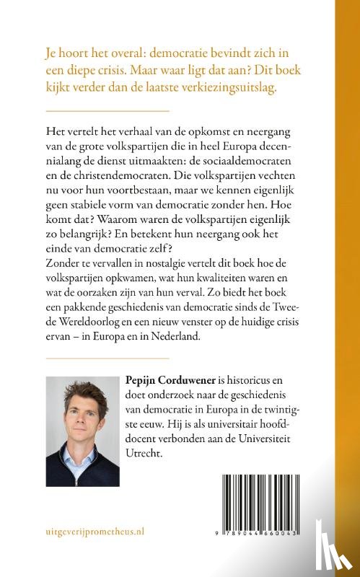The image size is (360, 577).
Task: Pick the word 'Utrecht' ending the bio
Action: point(143,453)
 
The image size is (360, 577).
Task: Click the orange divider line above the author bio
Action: point(107,358)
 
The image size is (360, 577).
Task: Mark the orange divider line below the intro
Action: point(107,111)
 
